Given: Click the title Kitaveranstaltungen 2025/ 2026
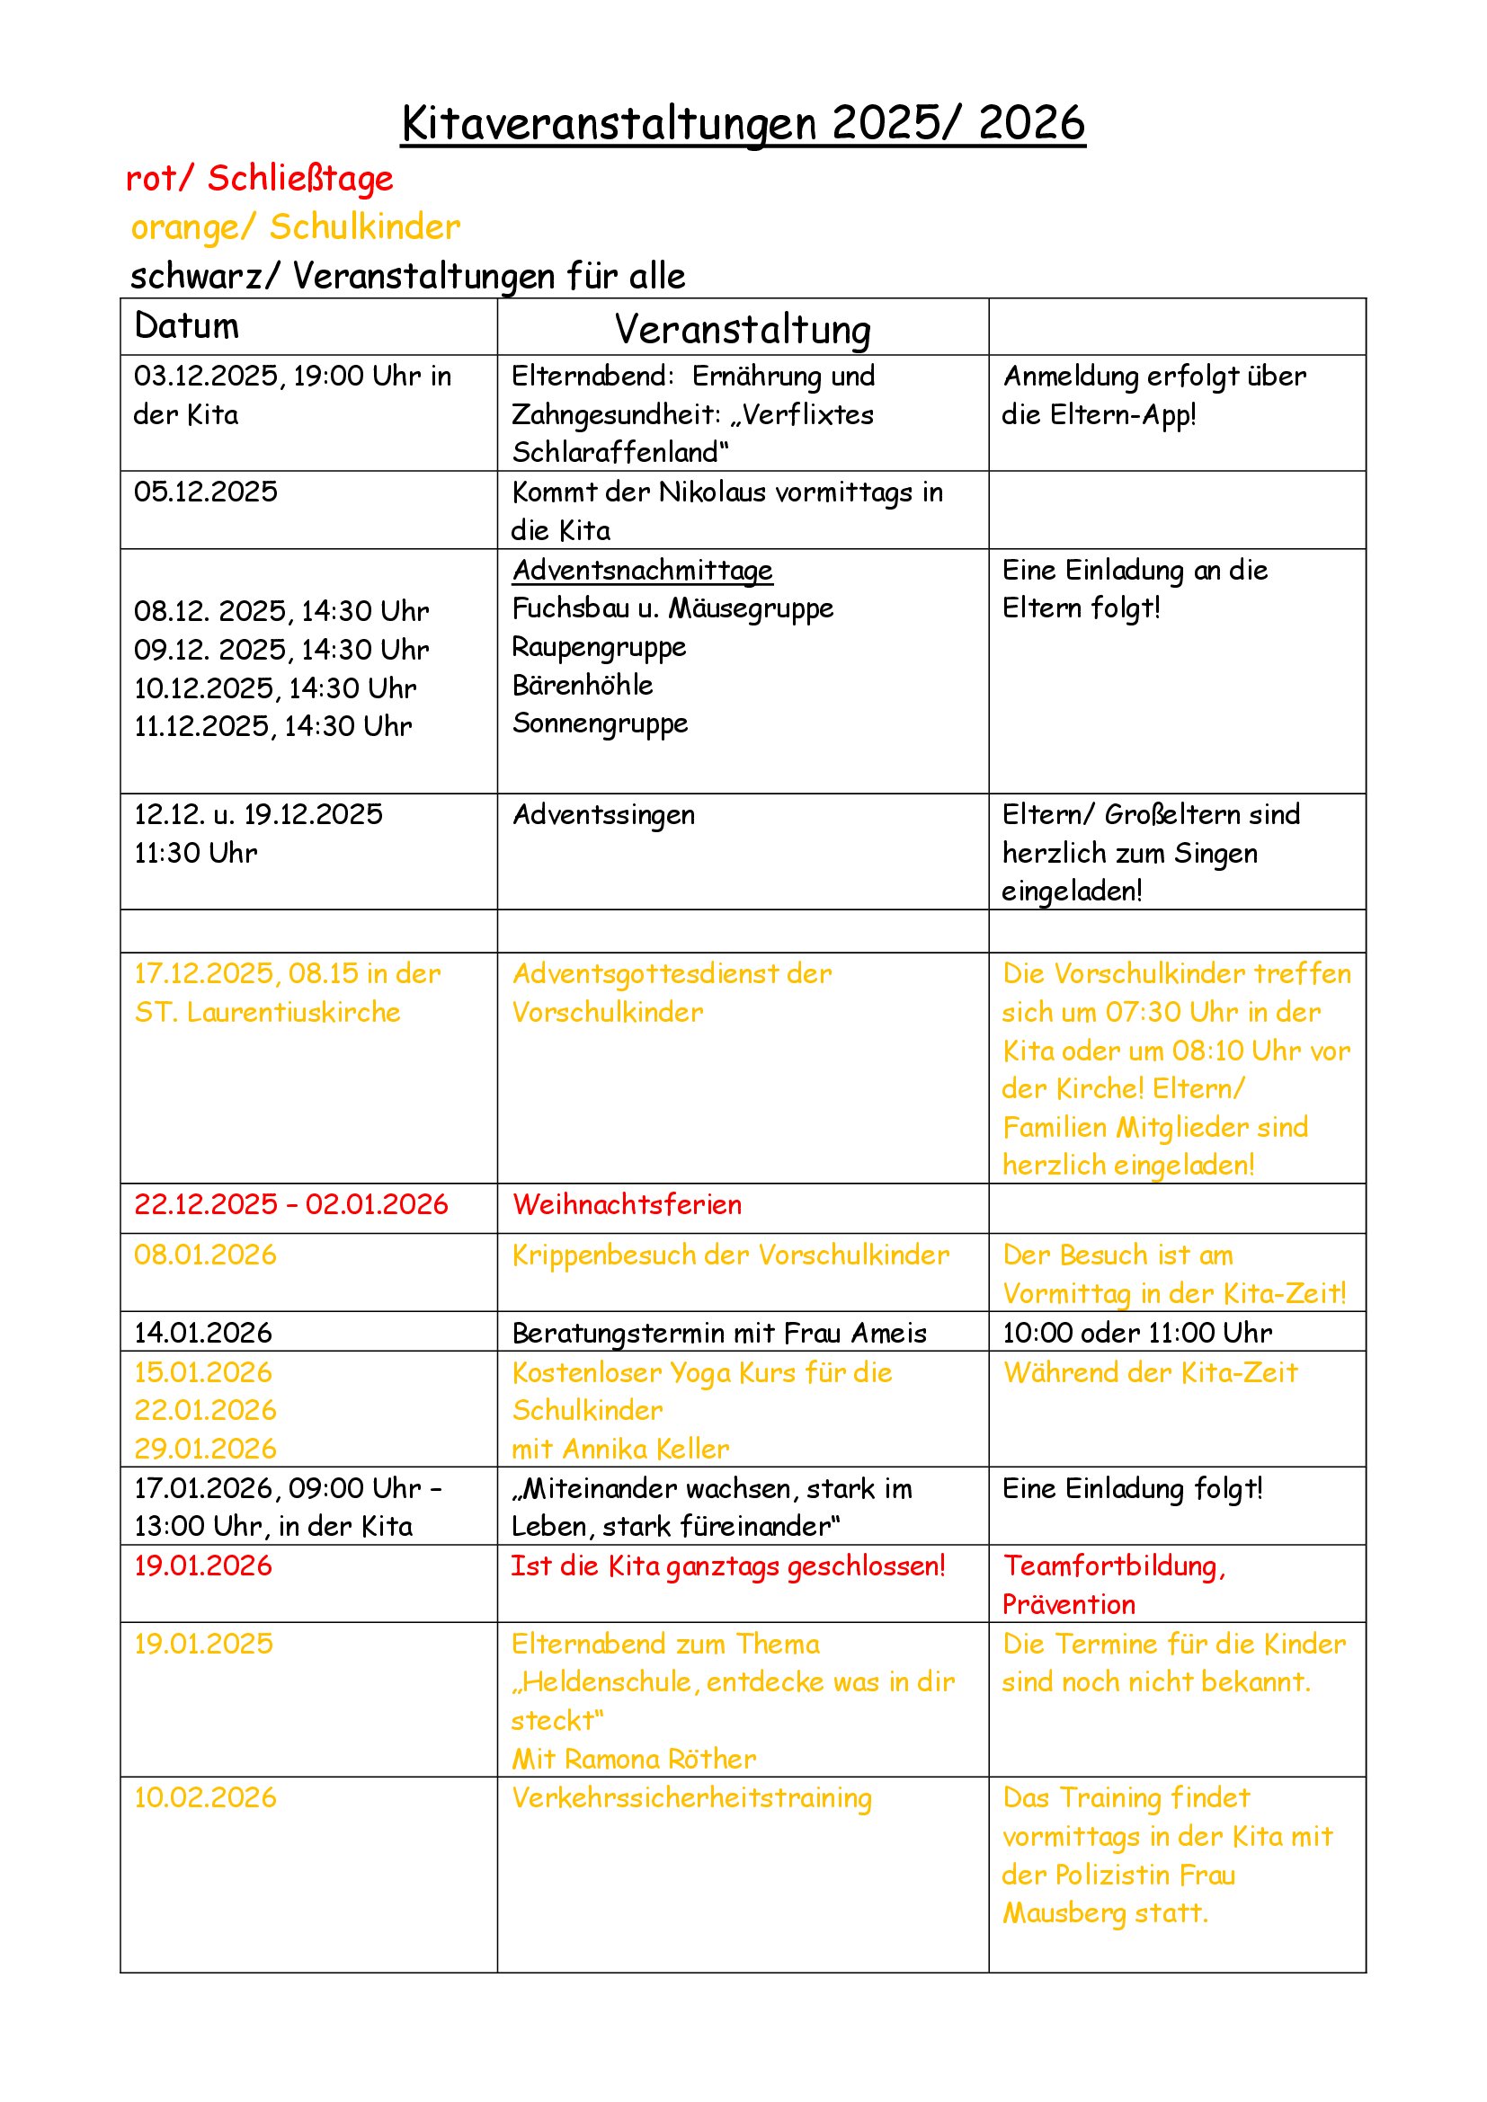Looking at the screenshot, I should pyautogui.click(x=743, y=123).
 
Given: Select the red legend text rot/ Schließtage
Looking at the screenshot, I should pyautogui.click(x=259, y=179).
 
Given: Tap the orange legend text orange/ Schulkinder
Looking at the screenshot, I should pyautogui.click(x=295, y=227).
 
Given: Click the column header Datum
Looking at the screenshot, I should pyautogui.click(x=186, y=326).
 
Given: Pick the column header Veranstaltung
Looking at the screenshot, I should pyautogui.click(x=742, y=330).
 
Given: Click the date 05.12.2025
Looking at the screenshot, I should pyautogui.click(x=205, y=492).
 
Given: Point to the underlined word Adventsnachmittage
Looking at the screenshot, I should pyautogui.click(x=642, y=571).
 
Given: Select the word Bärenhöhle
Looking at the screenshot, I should pyautogui.click(x=583, y=685).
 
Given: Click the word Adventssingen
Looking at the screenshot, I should pyautogui.click(x=603, y=815).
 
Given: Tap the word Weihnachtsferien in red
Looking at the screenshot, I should pyautogui.click(x=628, y=1205).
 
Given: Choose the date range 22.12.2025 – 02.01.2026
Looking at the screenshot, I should pyautogui.click(x=291, y=1205).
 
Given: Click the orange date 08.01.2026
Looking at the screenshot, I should pyautogui.click(x=205, y=1255).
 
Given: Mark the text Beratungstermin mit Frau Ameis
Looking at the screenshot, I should pyautogui.click(x=719, y=1333).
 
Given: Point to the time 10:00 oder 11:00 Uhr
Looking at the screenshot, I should pyautogui.click(x=1136, y=1333).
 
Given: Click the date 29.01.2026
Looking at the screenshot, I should pyautogui.click(x=205, y=1450).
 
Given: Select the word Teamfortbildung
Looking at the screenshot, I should pyautogui.click(x=1111, y=1566).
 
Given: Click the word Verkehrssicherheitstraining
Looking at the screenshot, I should pyautogui.click(x=691, y=1798).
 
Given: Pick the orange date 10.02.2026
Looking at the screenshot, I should pyautogui.click(x=205, y=1798).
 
